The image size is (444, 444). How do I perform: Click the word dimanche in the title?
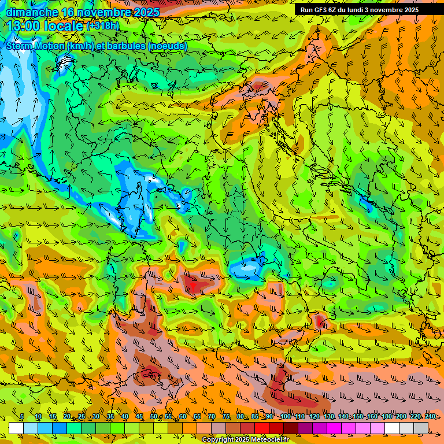(31, 12)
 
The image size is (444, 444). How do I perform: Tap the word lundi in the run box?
(362, 10)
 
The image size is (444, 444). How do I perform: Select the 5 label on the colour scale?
(22, 417)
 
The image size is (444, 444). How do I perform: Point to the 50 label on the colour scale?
(153, 417)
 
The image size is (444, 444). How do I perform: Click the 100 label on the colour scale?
(285, 417)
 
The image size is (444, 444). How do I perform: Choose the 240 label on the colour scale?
(430, 417)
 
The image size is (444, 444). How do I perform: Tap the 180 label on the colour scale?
(386, 417)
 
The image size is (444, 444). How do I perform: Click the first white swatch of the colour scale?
(16, 428)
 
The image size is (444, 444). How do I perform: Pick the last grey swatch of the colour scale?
(421, 428)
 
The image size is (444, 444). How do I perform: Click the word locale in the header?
(64, 26)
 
